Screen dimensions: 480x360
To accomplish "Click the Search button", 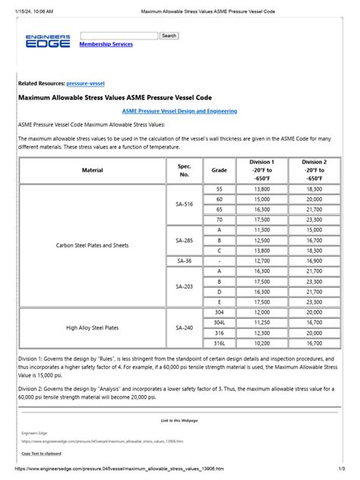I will click(x=169, y=36).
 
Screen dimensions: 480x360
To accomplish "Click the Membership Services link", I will click(x=106, y=45).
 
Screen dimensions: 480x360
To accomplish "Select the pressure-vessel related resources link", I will click(x=86, y=82).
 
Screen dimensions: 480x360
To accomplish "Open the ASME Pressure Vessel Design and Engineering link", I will click(x=179, y=111).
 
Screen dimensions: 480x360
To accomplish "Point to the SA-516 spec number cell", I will click(x=185, y=204).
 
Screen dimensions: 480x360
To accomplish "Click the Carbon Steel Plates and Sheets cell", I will click(x=93, y=245).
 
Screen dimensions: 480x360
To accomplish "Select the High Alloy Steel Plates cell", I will click(x=93, y=327).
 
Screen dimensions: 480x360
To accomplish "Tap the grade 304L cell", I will click(x=219, y=322).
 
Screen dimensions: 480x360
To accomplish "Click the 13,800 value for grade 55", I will click(x=261, y=188).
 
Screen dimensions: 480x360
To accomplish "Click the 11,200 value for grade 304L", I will click(x=261, y=322).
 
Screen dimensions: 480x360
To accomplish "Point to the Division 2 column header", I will click(x=313, y=170).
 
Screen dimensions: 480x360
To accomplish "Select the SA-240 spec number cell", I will click(x=185, y=327).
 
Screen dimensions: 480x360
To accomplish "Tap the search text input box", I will click(x=118, y=36).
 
